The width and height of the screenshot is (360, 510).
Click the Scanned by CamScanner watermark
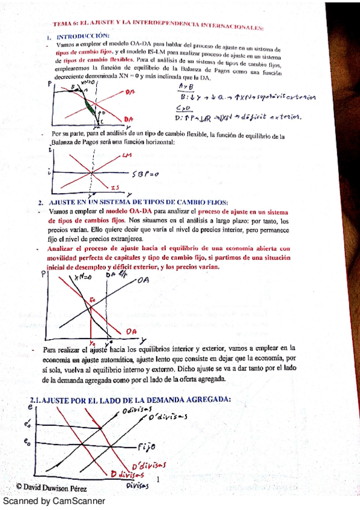tap(54, 500)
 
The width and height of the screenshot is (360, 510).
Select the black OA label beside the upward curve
tap(143, 280)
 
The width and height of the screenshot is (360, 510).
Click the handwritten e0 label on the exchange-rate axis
tap(27, 441)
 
